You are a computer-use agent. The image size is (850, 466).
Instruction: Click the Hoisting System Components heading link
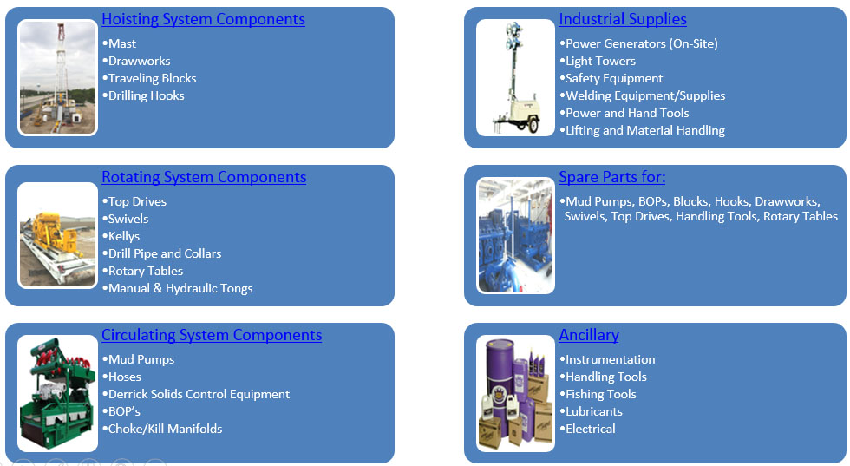point(203,19)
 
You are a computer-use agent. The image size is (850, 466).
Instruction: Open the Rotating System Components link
point(204,177)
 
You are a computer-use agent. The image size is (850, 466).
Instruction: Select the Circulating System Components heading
point(212,335)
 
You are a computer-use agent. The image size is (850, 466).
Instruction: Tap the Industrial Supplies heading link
point(623,19)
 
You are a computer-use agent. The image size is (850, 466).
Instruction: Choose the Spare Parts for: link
point(612,177)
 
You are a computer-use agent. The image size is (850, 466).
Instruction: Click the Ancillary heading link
point(589,335)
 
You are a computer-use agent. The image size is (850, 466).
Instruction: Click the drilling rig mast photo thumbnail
point(58,78)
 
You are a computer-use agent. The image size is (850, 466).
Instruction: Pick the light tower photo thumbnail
point(515,78)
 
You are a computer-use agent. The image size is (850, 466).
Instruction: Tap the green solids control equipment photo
point(58,393)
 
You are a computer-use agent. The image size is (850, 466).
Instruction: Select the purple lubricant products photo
point(515,393)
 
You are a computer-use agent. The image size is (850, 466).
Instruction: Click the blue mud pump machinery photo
point(515,235)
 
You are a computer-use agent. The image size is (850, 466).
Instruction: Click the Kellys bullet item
point(124,236)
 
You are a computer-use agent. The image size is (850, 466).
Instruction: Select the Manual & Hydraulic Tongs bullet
point(180,288)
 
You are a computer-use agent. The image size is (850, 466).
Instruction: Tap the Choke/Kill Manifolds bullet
point(165,429)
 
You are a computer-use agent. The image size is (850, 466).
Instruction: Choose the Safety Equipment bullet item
point(614,78)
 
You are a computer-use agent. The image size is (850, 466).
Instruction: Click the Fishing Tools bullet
point(600,394)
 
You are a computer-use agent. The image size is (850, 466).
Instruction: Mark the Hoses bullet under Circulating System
point(125,377)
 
